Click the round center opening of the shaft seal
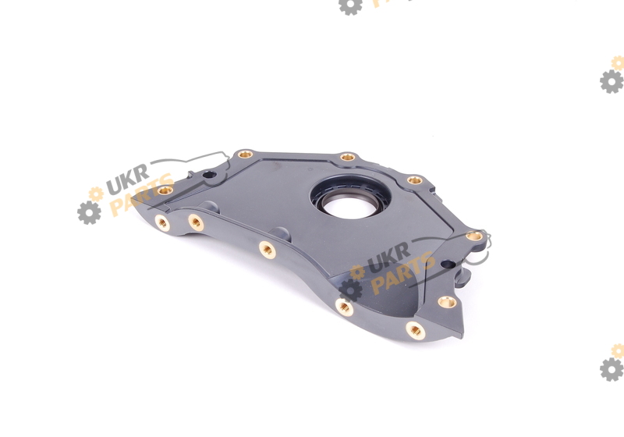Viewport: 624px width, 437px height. pyautogui.click(x=350, y=204)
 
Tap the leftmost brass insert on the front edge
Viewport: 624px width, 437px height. pyautogui.click(x=162, y=222)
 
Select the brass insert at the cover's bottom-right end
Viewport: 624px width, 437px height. pyautogui.click(x=415, y=330)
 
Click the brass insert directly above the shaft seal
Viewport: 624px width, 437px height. pyautogui.click(x=347, y=157)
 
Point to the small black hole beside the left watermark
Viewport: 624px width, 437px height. pyautogui.click(x=209, y=174)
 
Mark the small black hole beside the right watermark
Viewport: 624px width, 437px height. pyautogui.click(x=448, y=264)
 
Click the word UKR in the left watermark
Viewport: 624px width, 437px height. pyautogui.click(x=128, y=179)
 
